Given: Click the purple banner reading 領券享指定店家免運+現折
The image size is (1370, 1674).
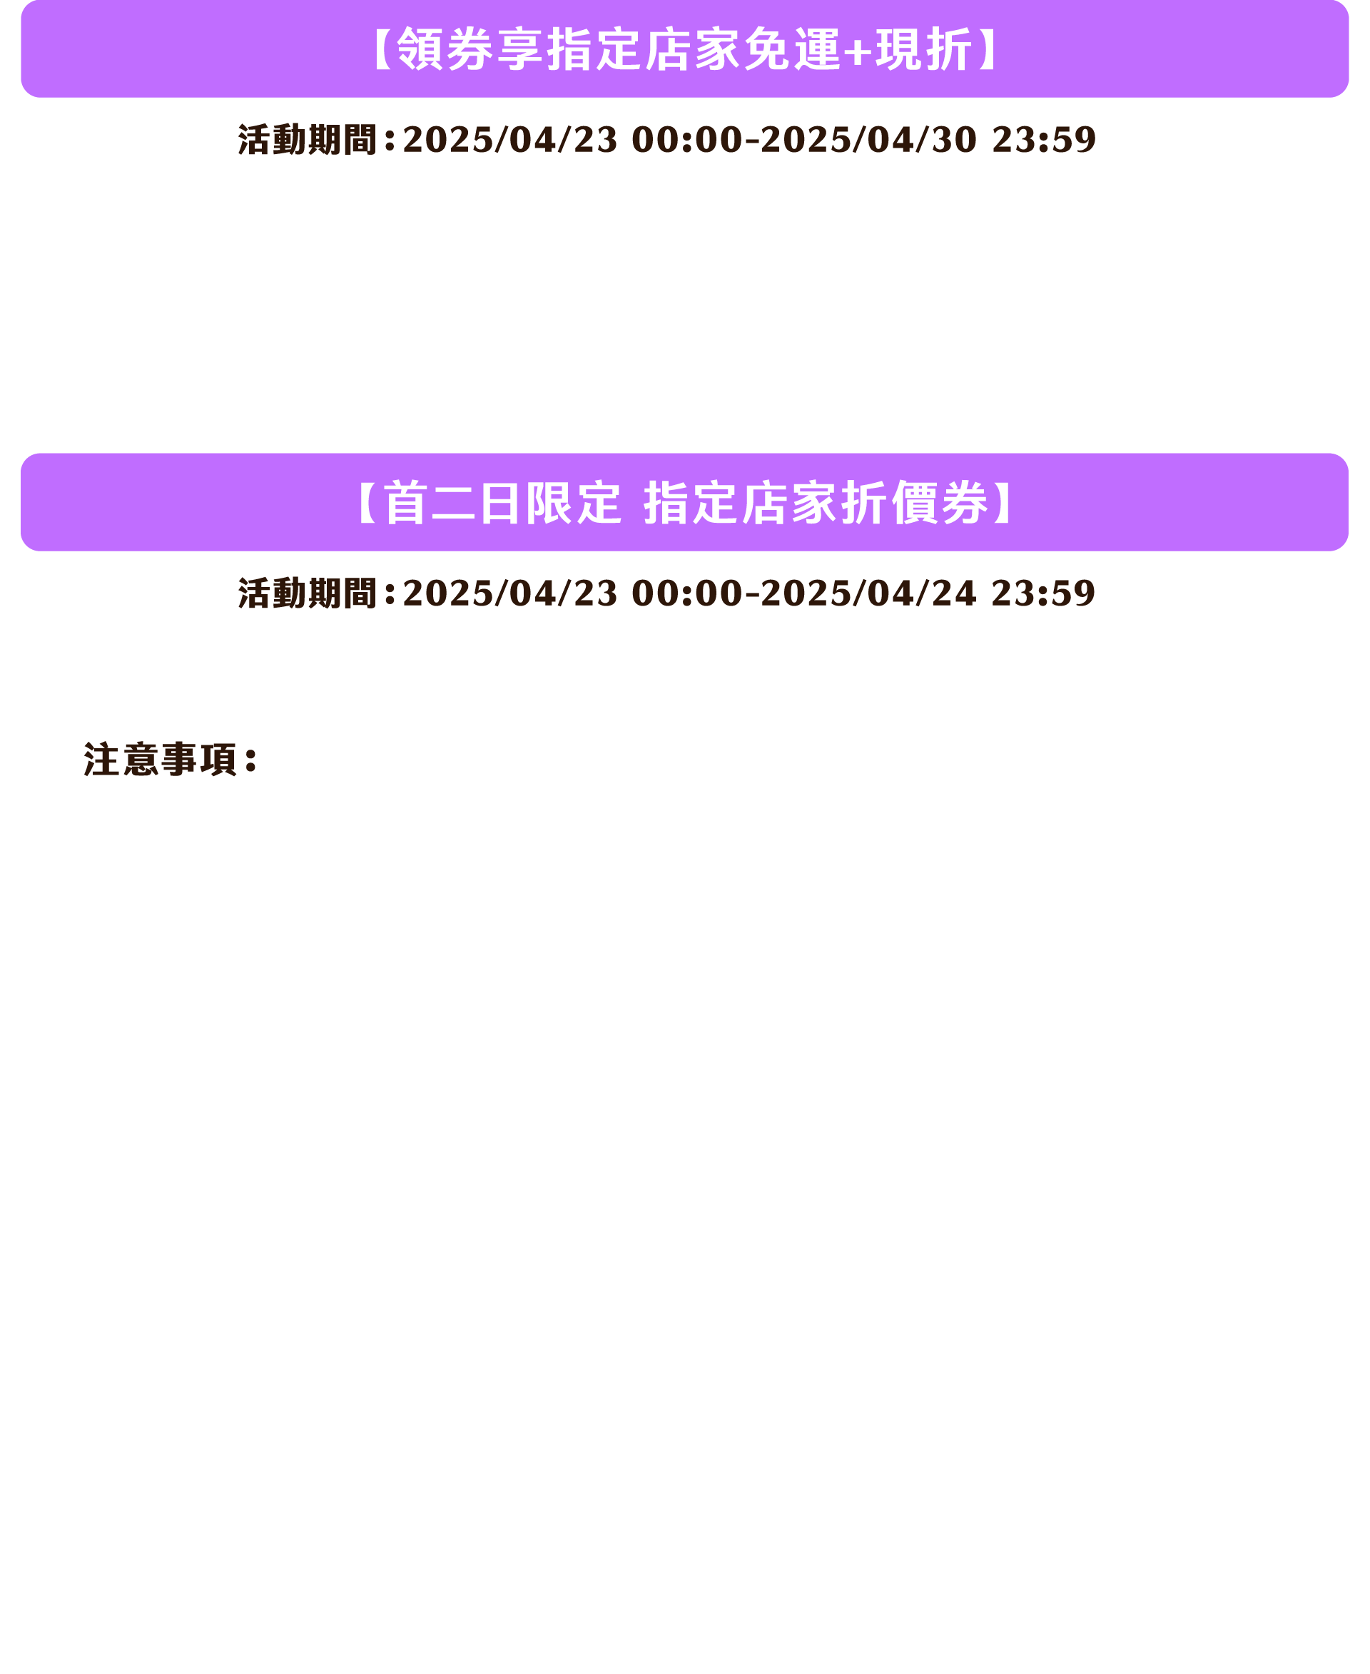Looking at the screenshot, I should tap(684, 49).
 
